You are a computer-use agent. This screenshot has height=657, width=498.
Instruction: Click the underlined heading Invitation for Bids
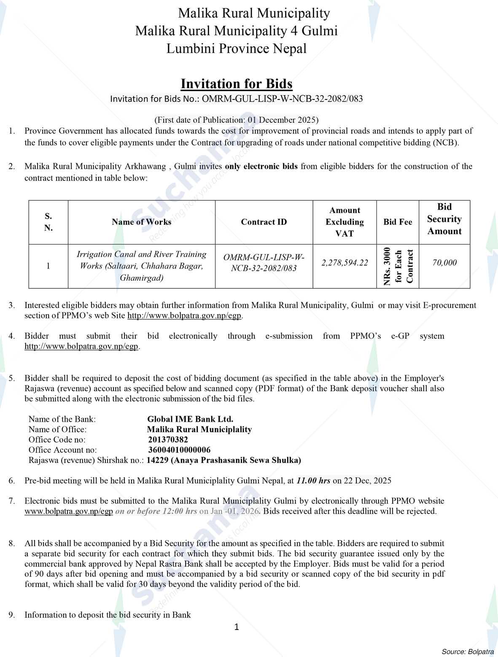(236, 84)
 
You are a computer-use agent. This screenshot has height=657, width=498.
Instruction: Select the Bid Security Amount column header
(444, 219)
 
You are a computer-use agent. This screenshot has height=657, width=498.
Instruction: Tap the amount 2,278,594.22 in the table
(344, 263)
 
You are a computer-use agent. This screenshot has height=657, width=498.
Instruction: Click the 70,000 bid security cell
(444, 263)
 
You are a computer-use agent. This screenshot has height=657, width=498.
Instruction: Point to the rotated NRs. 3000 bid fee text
(398, 267)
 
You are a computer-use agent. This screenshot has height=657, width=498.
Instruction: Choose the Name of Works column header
(141, 222)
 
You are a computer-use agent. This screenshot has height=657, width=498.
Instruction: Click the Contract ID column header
(264, 222)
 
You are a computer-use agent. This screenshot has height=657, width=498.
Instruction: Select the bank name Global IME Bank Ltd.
(190, 419)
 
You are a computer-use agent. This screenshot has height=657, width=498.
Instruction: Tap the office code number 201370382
(168, 439)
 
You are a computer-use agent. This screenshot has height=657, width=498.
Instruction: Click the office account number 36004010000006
(179, 450)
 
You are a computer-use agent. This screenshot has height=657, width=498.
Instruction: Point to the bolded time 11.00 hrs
(313, 480)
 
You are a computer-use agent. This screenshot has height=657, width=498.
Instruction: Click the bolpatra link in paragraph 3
(185, 315)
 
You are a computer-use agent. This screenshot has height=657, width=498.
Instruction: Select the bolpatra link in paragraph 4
(81, 347)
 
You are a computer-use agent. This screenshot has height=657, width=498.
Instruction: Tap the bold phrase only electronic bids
(261, 166)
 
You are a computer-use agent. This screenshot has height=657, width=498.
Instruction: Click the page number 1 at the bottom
(237, 627)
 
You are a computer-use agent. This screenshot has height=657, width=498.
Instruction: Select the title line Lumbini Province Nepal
(236, 48)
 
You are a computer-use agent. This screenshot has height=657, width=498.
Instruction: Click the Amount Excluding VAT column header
(344, 222)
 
